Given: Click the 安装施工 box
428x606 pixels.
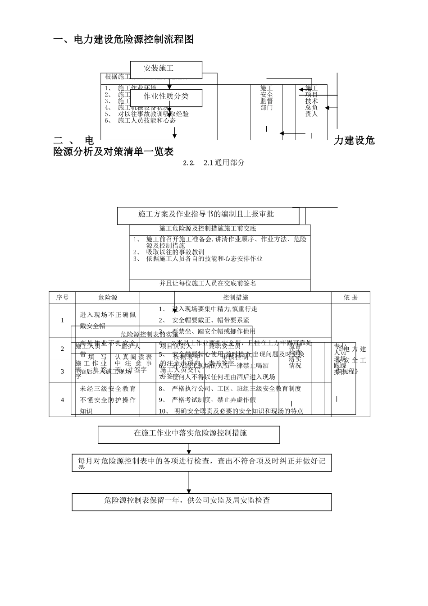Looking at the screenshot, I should click(166, 69).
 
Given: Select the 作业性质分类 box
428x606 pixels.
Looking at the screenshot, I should click(166, 97).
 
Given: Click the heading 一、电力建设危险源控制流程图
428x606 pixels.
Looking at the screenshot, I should click(123, 40).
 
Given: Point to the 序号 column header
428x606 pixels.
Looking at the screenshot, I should click(62, 298).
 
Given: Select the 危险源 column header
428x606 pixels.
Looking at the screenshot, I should click(108, 298).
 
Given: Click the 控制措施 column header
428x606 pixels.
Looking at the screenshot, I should click(235, 298).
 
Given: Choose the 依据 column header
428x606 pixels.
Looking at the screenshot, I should click(351, 298).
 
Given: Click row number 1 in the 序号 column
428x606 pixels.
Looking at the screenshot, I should click(62, 321).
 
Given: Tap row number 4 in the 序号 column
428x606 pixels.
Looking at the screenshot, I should click(62, 400).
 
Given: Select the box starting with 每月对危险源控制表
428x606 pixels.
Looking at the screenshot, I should click(201, 462).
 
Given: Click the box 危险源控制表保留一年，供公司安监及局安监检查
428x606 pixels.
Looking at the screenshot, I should click(201, 501).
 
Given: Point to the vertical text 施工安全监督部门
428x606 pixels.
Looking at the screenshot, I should click(267, 98).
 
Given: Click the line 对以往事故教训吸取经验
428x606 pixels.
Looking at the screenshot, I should click(153, 114).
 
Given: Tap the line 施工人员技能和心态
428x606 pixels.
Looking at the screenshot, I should click(147, 121).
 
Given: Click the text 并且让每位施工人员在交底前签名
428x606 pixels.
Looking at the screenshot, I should click(208, 284).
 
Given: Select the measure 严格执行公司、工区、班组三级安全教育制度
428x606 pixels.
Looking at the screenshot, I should click(237, 389).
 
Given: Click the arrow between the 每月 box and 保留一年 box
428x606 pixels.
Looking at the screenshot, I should click(189, 482).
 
